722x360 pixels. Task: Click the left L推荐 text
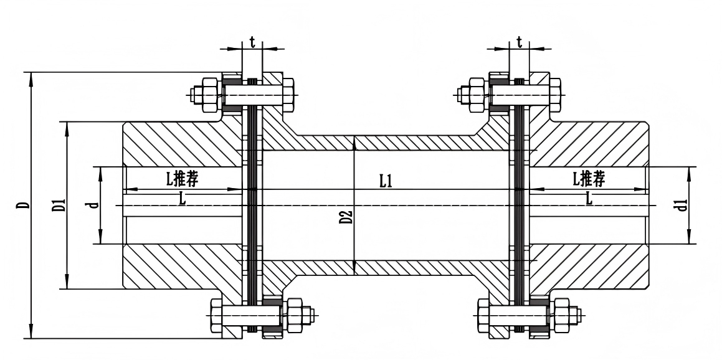(x=183, y=179)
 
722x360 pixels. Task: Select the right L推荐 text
(x=589, y=178)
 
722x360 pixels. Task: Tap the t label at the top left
(x=252, y=42)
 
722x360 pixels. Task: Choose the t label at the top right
(x=519, y=42)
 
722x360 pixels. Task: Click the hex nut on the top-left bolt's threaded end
(x=210, y=95)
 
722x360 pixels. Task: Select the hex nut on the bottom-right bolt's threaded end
(x=561, y=315)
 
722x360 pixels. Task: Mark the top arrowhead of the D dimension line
(x=31, y=78)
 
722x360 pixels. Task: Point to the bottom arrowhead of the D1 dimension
(x=67, y=282)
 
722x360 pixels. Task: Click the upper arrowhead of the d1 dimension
(x=689, y=174)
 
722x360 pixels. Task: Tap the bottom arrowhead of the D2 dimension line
(x=354, y=266)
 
